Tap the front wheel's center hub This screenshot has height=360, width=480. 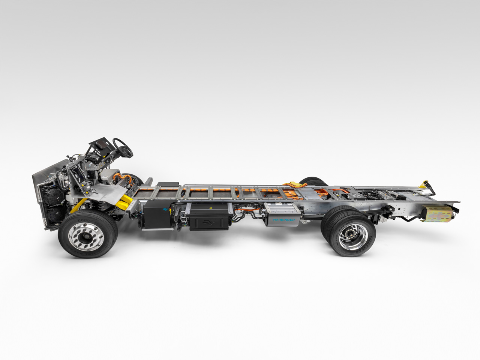click(x=88, y=235)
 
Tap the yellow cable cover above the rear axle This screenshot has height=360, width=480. click(x=295, y=184)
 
